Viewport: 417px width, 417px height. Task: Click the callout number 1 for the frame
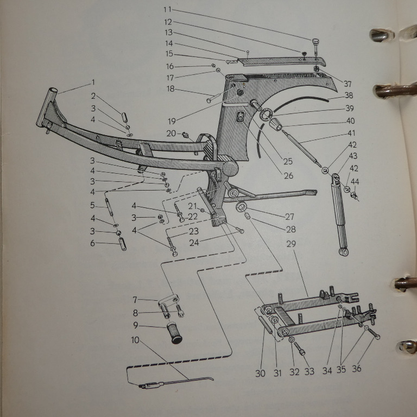click(93, 83)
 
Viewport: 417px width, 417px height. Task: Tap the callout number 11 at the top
click(168, 10)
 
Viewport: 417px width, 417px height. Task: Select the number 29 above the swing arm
click(291, 244)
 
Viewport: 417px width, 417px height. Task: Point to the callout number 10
click(135, 340)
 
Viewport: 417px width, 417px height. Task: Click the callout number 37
click(347, 84)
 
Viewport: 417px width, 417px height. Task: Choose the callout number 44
click(355, 182)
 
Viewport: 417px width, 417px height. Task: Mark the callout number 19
click(172, 121)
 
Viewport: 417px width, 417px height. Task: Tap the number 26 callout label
click(288, 175)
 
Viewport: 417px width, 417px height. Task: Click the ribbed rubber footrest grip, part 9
click(175, 333)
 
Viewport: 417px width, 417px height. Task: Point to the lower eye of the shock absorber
click(344, 251)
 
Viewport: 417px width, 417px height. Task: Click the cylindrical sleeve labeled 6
click(122, 244)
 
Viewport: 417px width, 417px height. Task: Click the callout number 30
click(261, 373)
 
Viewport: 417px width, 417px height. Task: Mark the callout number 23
click(194, 231)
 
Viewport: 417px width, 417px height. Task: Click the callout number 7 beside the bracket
click(135, 300)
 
